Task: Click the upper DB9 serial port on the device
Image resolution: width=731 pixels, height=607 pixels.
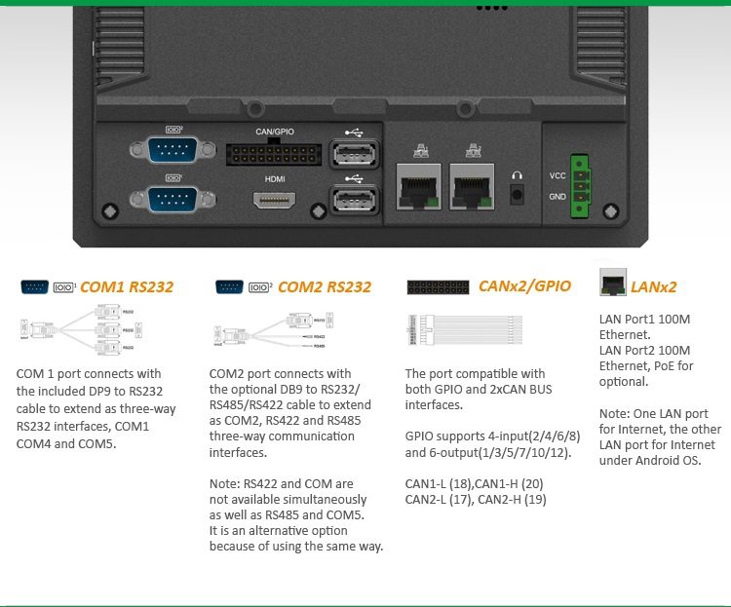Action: (x=173, y=150)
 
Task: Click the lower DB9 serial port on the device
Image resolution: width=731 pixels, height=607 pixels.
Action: (x=173, y=199)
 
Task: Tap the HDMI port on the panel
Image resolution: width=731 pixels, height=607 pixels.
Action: (x=276, y=200)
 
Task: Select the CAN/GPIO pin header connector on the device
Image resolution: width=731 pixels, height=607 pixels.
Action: (x=274, y=154)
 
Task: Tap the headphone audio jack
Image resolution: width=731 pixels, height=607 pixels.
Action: (x=517, y=191)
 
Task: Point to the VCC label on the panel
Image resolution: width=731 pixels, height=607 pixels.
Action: (x=558, y=175)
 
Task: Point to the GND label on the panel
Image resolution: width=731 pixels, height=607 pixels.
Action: (x=558, y=197)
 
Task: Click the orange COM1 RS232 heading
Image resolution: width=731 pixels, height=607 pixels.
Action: (x=127, y=287)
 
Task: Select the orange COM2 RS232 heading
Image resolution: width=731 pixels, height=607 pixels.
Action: (x=325, y=287)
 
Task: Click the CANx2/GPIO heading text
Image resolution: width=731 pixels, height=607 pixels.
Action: (x=524, y=286)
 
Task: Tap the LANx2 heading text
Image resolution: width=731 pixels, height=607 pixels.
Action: (x=653, y=287)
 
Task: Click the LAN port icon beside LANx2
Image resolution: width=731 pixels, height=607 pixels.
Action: (x=613, y=283)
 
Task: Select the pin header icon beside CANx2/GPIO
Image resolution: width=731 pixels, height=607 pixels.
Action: (x=438, y=287)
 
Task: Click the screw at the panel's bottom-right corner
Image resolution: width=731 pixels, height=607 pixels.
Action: (x=611, y=211)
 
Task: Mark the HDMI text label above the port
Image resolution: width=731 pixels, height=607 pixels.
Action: (x=275, y=180)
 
